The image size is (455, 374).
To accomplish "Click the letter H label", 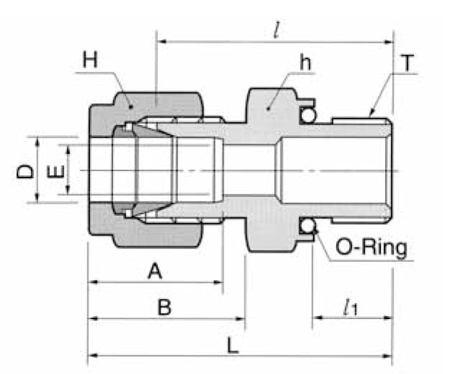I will click(x=89, y=59).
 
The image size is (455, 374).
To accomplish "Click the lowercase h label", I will click(x=306, y=63).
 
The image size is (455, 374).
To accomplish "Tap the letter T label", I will click(x=409, y=64).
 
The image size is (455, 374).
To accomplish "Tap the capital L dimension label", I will click(x=232, y=344).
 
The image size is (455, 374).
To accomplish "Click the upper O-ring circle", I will click(x=308, y=116).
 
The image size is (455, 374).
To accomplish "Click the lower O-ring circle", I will click(x=308, y=227).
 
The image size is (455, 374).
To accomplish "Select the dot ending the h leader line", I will click(x=269, y=107).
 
